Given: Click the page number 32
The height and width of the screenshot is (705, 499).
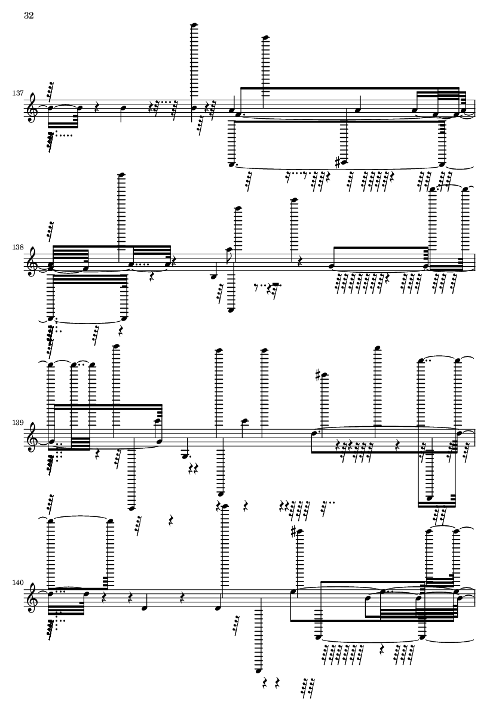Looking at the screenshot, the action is (x=29, y=16).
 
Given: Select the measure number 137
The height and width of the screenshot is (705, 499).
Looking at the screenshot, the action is (x=18, y=93).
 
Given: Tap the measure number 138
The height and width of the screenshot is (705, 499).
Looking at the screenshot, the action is (x=18, y=248).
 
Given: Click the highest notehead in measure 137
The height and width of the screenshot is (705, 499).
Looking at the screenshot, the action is (x=195, y=24).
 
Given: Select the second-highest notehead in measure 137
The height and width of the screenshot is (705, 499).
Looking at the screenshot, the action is (x=265, y=37).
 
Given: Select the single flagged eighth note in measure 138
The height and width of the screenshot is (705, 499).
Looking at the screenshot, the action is (x=230, y=249).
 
